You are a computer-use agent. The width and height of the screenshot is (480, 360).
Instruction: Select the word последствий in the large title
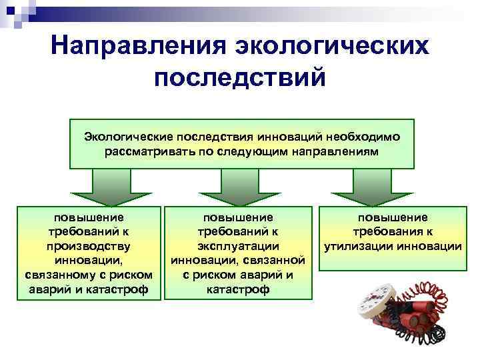pos(240,77)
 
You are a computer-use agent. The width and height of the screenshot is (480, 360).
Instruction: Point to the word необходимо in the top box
pos(363,137)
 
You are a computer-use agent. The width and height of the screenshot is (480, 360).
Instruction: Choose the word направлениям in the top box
pos(339,151)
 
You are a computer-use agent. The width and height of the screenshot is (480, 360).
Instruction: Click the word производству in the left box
pos(89,246)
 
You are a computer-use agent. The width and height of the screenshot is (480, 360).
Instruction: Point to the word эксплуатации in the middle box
pos(238,246)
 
